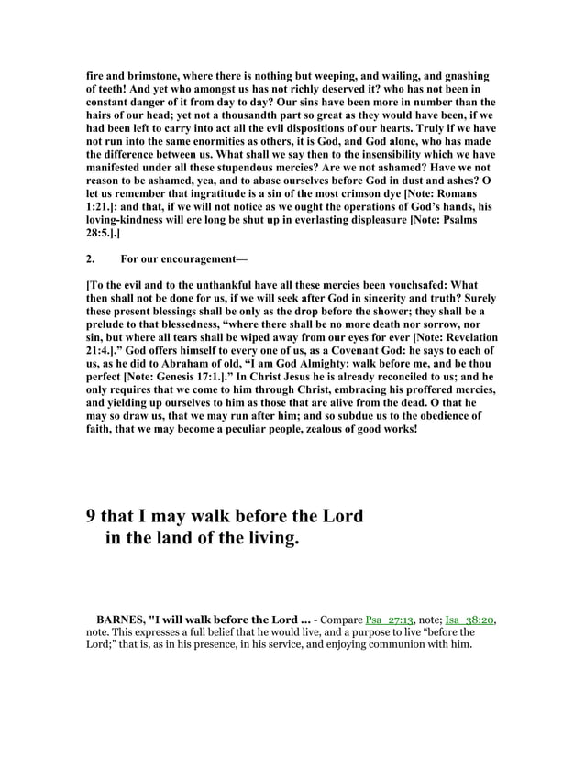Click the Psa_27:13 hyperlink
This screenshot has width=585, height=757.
[392, 620]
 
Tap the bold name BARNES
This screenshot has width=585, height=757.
[120, 620]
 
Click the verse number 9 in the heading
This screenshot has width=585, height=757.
[91, 517]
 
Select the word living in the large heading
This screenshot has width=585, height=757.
[269, 540]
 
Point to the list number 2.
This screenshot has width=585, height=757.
[89, 259]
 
